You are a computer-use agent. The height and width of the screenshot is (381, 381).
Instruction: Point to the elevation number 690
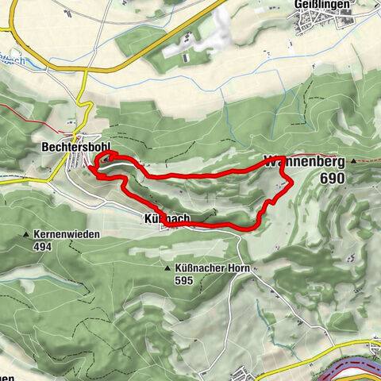click(334, 179)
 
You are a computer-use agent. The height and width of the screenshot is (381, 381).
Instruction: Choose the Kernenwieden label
click(68, 235)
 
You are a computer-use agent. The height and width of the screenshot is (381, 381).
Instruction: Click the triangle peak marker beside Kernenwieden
click(27, 235)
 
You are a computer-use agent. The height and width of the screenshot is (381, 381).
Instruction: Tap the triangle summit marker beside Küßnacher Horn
click(168, 270)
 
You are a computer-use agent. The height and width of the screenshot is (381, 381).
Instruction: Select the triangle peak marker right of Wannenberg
click(353, 163)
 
